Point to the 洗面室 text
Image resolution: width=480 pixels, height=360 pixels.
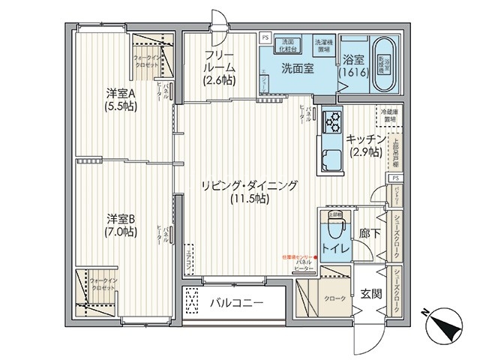(x=297, y=68)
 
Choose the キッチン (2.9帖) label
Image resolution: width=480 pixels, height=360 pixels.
(x=365, y=145)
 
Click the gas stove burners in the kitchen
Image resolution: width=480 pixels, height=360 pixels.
(x=331, y=121)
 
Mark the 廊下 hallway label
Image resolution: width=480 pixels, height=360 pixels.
(x=370, y=234)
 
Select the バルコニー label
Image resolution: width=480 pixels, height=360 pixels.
(x=234, y=304)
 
